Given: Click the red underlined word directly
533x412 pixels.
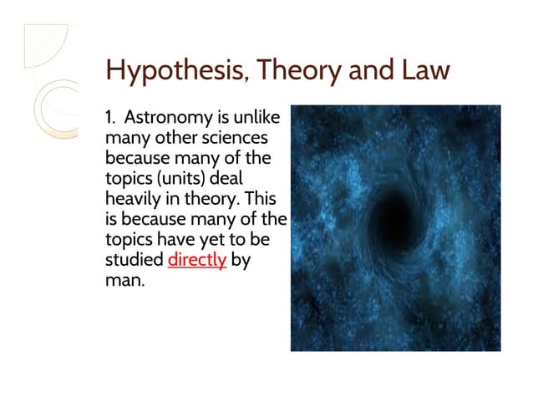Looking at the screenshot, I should pos(197,260).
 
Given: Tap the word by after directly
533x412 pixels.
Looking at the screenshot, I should pos(241,260).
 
